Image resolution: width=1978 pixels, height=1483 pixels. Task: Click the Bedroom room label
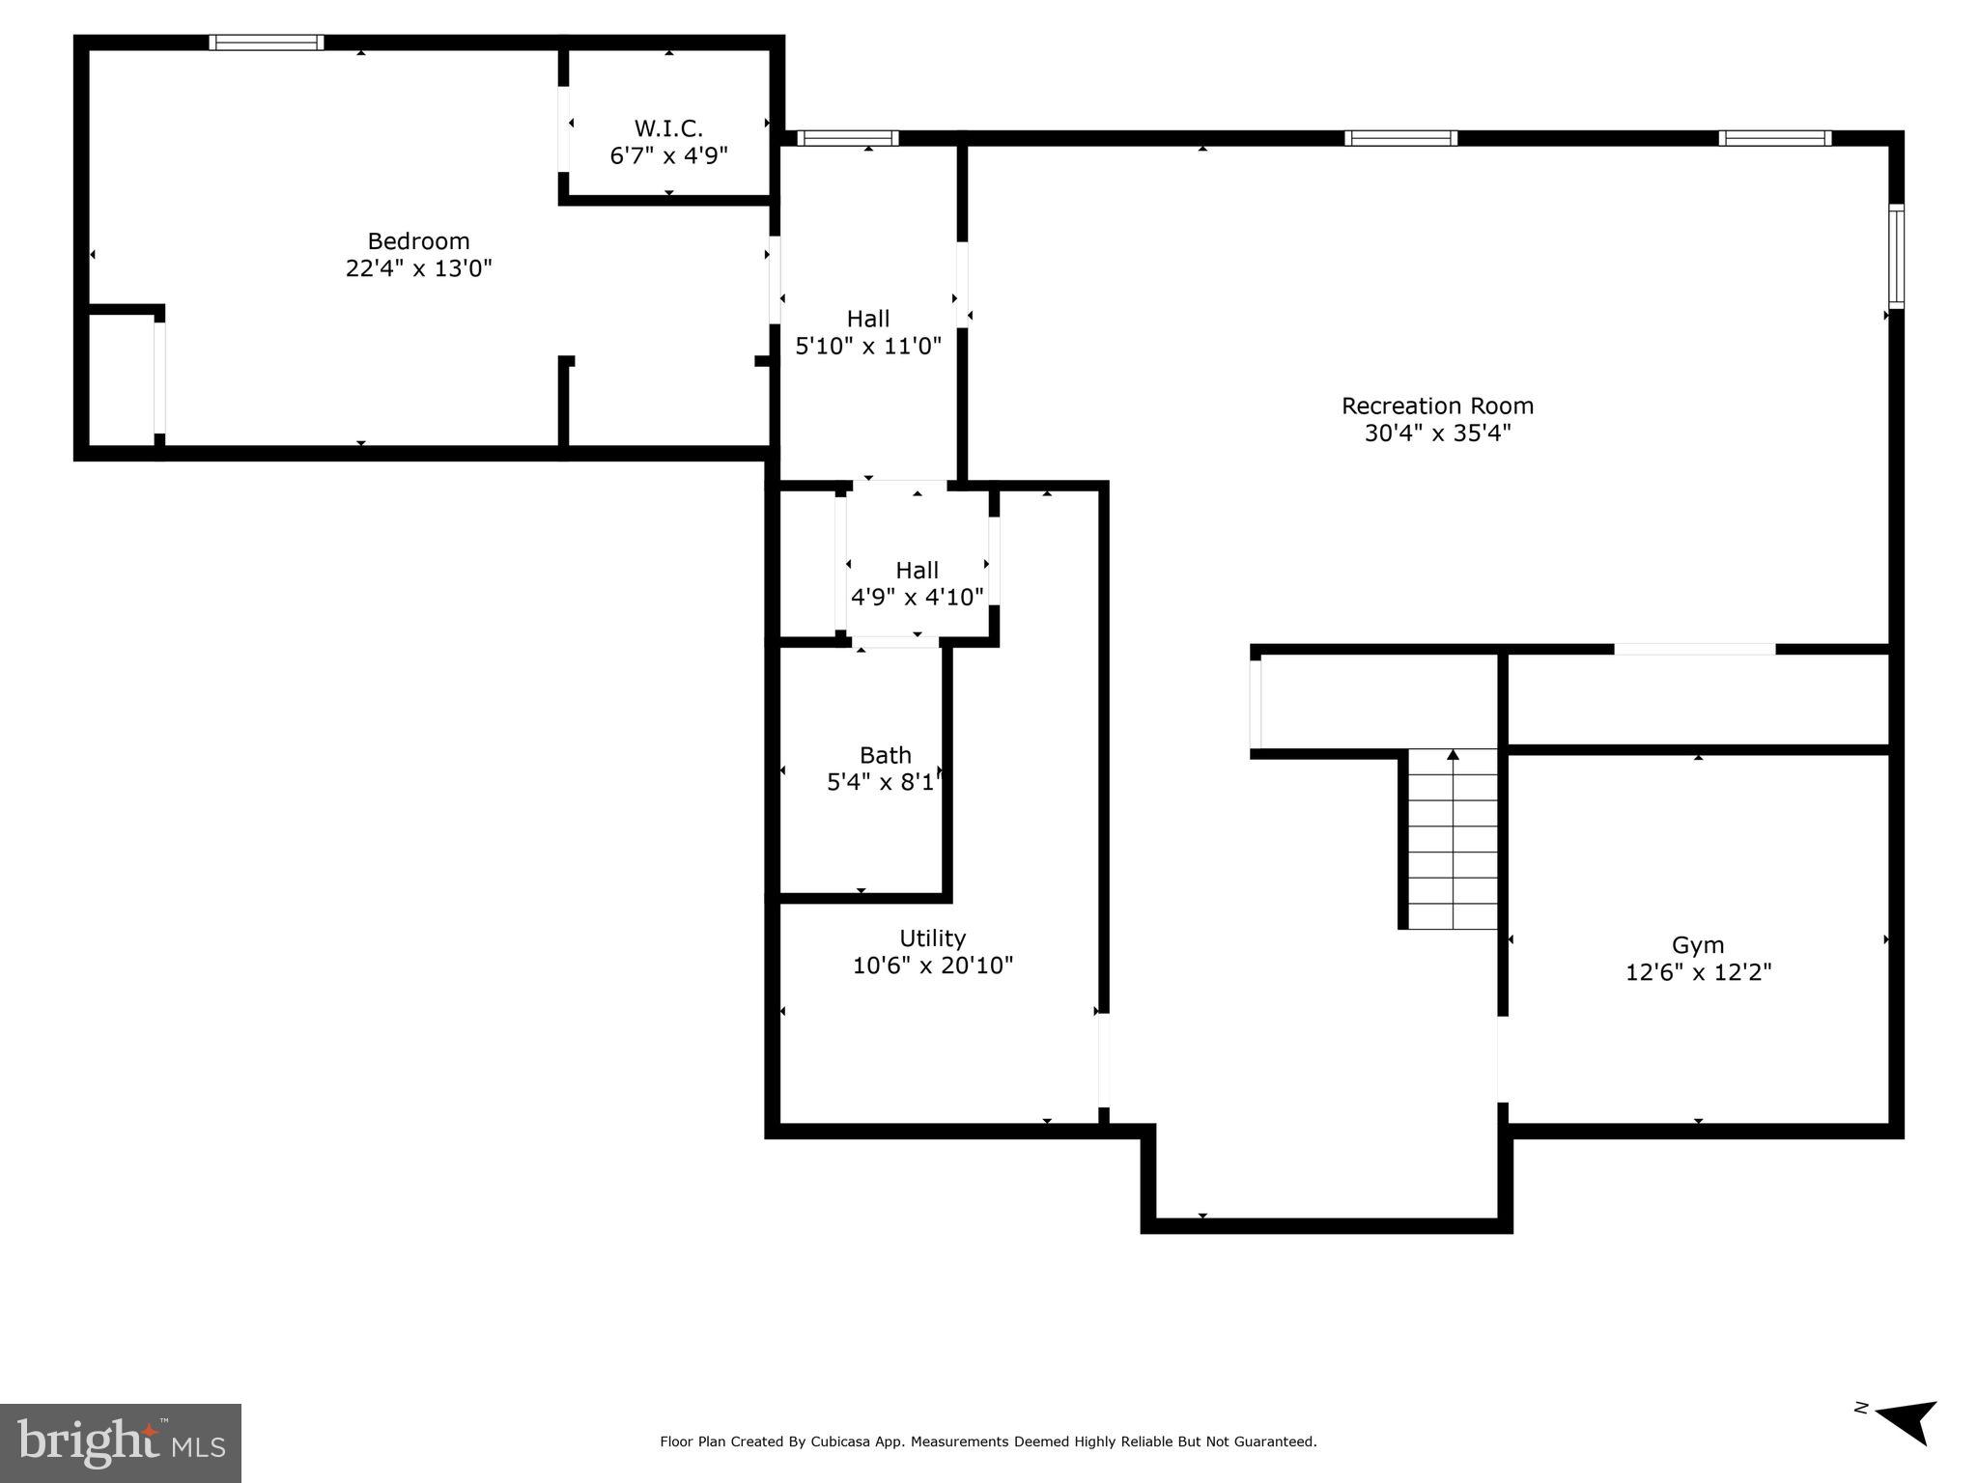[418, 241]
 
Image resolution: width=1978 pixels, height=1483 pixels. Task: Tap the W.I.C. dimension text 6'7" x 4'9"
[668, 155]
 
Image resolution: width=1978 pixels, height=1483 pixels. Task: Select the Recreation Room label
[1437, 406]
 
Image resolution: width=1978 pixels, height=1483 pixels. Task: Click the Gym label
[1697, 945]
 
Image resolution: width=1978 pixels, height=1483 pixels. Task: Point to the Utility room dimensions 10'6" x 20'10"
[932, 965]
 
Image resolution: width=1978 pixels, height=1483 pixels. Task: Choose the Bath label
[885, 755]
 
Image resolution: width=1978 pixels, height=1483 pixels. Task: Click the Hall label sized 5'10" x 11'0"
[868, 319]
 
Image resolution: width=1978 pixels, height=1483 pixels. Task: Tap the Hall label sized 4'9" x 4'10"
[917, 570]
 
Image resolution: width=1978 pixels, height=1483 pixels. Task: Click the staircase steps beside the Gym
[1452, 840]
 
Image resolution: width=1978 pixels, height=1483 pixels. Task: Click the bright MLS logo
[120, 1442]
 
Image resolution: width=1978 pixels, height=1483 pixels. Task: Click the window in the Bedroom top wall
[266, 42]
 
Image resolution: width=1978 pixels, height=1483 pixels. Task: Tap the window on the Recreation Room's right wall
[1896, 257]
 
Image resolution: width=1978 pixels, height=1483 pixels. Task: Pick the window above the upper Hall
[847, 138]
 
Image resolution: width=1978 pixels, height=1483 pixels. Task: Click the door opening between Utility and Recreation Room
[1103, 1059]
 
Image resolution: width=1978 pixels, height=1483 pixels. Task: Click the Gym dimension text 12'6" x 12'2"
[1697, 972]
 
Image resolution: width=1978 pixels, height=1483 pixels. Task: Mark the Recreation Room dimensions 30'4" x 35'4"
[1437, 434]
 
